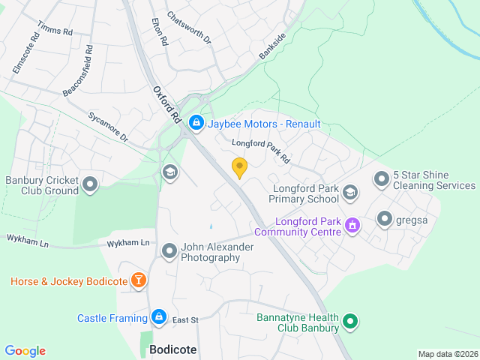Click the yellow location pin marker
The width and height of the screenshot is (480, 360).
(239, 167)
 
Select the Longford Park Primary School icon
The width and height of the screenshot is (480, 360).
(349, 193)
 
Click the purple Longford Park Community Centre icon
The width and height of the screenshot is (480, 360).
(351, 224)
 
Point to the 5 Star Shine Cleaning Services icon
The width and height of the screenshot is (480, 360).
(382, 178)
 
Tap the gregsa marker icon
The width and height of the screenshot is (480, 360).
(385, 218)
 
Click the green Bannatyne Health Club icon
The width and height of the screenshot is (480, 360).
(349, 323)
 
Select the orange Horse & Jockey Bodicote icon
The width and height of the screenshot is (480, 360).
(139, 281)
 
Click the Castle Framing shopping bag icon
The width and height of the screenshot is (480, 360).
(159, 317)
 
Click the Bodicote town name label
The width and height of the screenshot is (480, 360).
(172, 349)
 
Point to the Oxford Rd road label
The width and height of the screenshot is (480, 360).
(167, 104)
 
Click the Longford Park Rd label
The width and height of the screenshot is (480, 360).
(260, 151)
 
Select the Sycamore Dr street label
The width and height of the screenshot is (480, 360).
(108, 127)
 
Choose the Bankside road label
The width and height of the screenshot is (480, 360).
(272, 46)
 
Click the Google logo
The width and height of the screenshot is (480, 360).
(25, 351)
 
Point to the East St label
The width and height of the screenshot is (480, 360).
(184, 320)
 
